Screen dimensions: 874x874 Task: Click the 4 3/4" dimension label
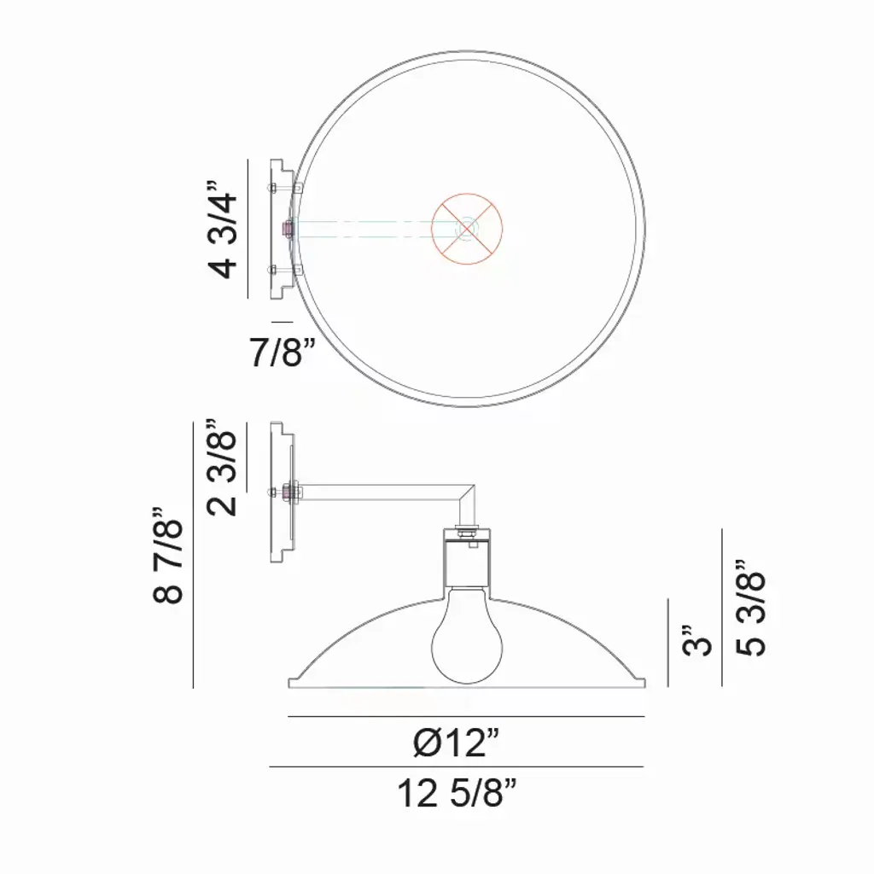(x=224, y=229)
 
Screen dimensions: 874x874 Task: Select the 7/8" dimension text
(x=282, y=353)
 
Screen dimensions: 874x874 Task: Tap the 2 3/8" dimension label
(x=223, y=467)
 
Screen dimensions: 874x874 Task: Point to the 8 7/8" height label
(x=168, y=555)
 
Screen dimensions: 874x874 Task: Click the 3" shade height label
(x=697, y=639)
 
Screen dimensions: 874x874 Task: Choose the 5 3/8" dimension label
(x=752, y=608)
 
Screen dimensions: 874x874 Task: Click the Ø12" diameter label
(x=456, y=743)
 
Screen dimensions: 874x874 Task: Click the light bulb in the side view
(x=467, y=634)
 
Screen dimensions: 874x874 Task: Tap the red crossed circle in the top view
(x=467, y=229)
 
